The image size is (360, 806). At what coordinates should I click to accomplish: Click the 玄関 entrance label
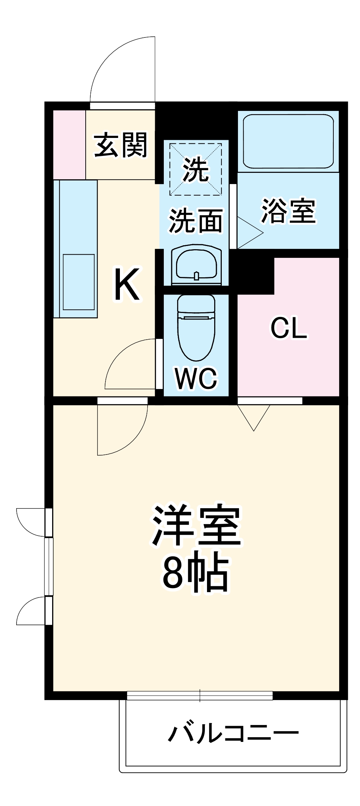pos(121,145)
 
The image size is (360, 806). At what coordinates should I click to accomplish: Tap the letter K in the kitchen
pos(127,285)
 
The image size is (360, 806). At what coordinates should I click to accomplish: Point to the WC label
pos(196,378)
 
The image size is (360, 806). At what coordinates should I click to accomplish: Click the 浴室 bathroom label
pos(288,211)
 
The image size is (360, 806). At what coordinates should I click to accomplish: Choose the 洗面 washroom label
pos(196,220)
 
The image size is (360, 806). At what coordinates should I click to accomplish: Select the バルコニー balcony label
pos(233,733)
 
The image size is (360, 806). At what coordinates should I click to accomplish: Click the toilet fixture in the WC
pos(196,326)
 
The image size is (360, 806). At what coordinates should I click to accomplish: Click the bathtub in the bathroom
pos(288,141)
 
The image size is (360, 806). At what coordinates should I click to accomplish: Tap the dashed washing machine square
pos(195,169)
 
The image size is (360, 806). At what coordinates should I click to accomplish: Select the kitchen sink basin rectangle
pos(79,282)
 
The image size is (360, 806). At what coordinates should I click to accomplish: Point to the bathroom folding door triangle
pos(249,233)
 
